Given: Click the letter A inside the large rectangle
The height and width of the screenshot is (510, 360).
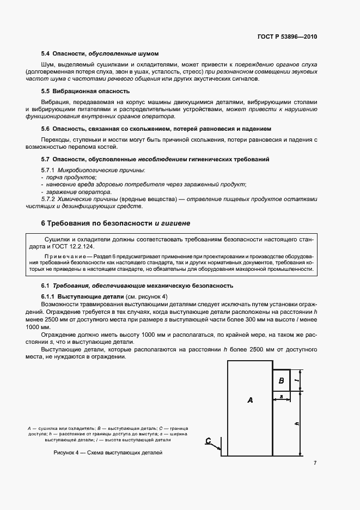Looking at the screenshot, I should (250, 400).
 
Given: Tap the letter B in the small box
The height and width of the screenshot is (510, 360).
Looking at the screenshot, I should (282, 380).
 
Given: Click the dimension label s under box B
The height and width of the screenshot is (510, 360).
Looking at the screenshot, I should (281, 396).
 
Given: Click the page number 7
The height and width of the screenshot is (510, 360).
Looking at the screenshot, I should (315, 463).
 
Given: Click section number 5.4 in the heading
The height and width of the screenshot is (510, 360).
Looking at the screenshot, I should (46, 53).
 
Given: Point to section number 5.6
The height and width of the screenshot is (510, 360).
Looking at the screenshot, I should (46, 129).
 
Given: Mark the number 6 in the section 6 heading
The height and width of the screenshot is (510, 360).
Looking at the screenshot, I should (44, 223).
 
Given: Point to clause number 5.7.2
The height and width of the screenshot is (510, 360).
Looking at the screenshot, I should (48, 199).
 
